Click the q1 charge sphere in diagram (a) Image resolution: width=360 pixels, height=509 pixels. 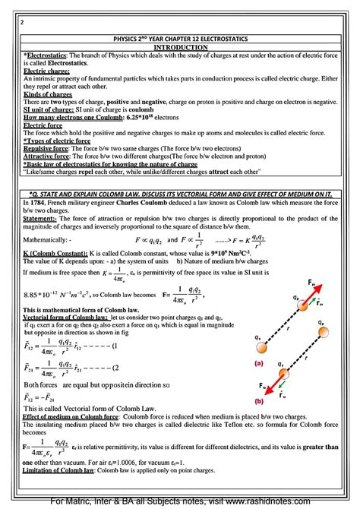261,348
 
